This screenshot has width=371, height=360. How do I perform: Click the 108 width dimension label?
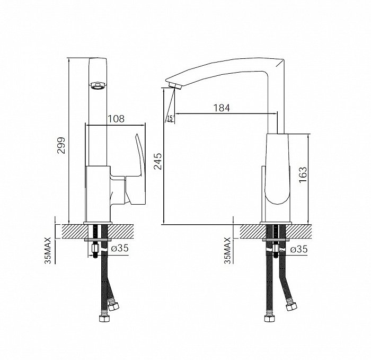coord(116,119)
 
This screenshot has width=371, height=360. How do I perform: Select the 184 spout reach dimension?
coord(222,108)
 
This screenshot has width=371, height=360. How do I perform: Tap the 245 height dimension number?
coord(157,161)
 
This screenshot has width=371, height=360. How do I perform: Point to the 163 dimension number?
coord(303,175)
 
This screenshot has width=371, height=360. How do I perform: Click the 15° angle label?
coord(171,118)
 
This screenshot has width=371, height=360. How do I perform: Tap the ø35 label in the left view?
coord(120,248)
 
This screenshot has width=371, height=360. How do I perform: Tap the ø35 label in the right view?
coord(299,249)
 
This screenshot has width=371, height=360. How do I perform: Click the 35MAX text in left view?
coord(48,250)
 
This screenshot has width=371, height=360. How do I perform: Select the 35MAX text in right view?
coord(227,250)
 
